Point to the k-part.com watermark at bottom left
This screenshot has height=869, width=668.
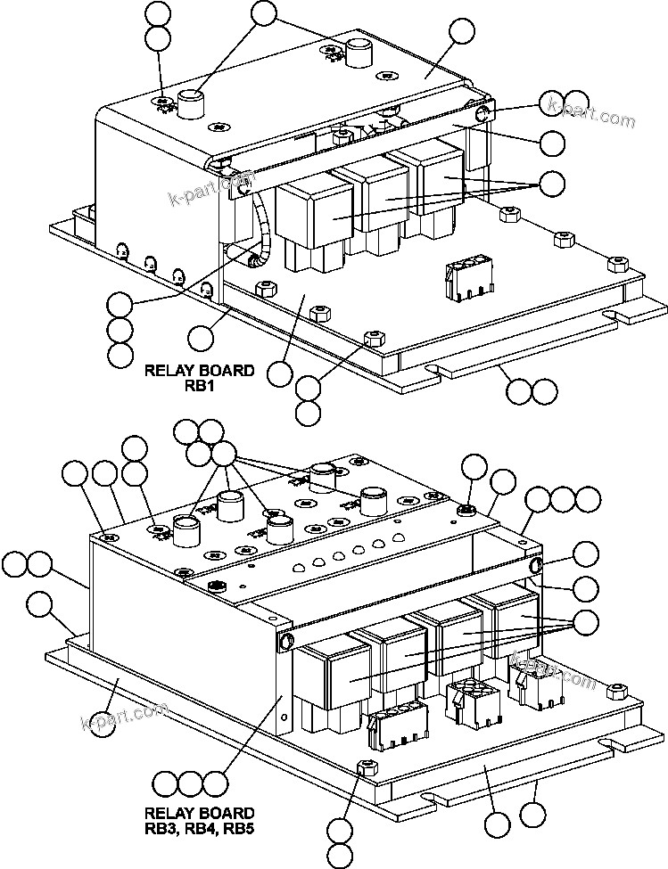coord(125,714)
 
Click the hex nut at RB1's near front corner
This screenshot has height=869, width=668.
coord(374,338)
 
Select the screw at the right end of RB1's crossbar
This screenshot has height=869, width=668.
coord(482,113)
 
